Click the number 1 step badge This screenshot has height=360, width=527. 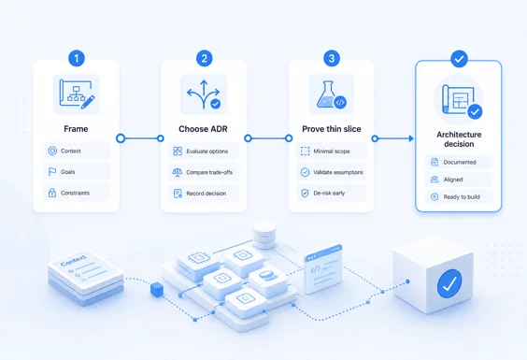77,59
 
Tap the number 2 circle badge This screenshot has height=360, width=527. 204,59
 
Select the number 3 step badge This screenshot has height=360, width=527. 332,59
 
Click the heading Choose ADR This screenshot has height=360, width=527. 203,129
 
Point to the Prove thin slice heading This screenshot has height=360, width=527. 332,129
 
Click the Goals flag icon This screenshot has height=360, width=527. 52,172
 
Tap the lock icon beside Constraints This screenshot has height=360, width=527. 52,193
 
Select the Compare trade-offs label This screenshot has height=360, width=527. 209,172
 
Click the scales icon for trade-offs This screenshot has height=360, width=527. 178,172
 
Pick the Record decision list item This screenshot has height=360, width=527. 204,194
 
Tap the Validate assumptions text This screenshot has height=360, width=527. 338,172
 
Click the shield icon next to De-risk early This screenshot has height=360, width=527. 305,194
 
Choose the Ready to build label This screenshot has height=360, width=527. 462,196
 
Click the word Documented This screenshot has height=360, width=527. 460,162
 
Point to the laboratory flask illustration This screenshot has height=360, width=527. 327,94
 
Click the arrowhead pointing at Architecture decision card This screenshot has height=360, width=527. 411,138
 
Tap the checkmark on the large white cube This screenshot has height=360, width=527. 449,283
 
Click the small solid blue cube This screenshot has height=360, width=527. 157,289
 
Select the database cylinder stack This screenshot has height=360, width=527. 264,235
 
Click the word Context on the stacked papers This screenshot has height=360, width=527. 73,260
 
